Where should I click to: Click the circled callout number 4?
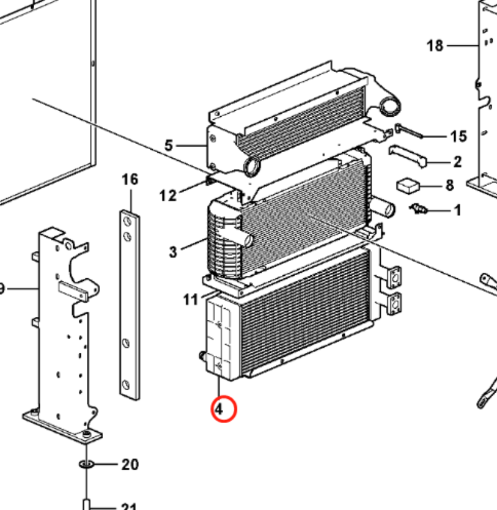218,409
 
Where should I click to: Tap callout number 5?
168,146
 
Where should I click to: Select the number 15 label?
458,136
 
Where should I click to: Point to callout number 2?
458,162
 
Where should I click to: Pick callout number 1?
458,211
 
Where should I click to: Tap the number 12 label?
168,196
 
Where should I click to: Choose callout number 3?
173,252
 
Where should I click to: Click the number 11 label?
190,300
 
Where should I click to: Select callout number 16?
129,180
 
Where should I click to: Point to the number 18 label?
435,45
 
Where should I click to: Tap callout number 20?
130,465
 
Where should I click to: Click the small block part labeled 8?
408,185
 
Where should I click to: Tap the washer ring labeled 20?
86,465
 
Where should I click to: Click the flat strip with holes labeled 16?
129,304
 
